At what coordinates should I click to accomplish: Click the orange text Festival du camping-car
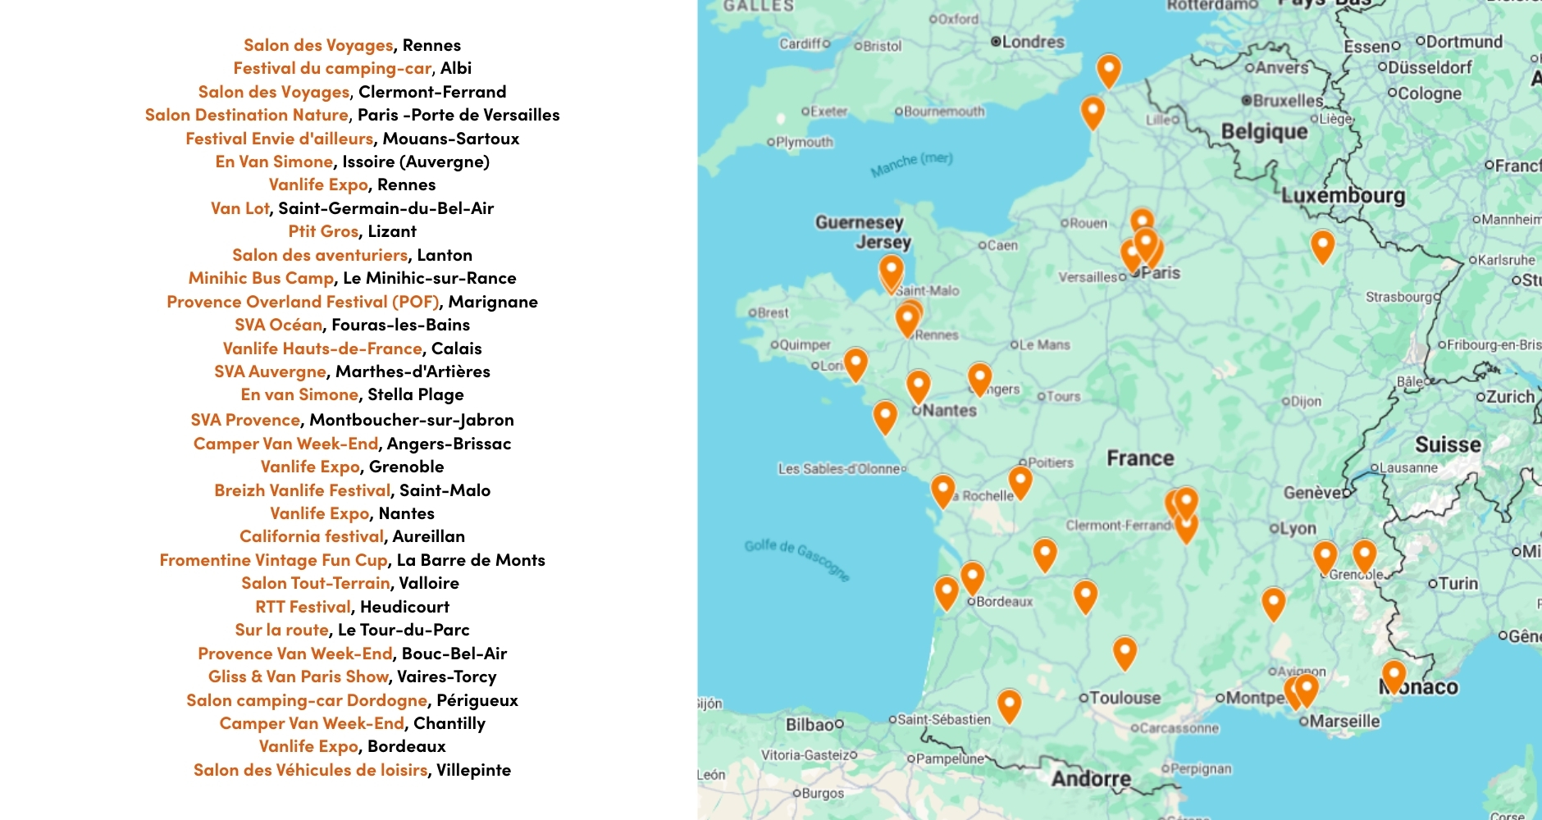point(332,68)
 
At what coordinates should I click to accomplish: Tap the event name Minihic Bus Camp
point(261,278)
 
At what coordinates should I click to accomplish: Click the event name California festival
point(312,536)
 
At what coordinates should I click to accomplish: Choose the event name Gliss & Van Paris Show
point(299,676)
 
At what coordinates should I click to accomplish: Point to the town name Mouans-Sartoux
point(451,139)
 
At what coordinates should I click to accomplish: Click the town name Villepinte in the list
point(473,770)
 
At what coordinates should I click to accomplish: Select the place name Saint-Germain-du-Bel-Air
point(386,208)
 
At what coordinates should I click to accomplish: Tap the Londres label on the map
point(1032,42)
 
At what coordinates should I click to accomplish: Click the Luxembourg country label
point(1343,196)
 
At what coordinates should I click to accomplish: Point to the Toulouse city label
point(1125,698)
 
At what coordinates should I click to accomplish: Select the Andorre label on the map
point(1091,778)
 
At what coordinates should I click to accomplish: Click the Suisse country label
point(1448,445)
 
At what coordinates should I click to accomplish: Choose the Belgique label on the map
point(1264,132)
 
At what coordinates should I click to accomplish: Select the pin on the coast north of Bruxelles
point(1108,71)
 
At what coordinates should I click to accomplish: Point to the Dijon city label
point(1305,402)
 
